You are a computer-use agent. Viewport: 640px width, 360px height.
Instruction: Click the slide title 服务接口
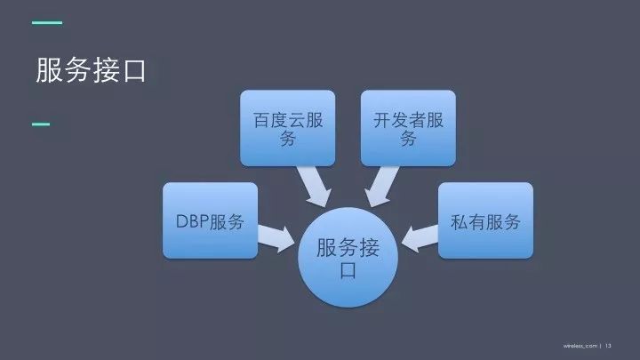[x=90, y=70]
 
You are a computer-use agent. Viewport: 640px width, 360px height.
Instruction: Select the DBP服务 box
[x=211, y=221]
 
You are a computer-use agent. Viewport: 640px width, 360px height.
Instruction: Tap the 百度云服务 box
[x=288, y=127]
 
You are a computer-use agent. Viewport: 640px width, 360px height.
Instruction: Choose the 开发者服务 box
[x=408, y=127]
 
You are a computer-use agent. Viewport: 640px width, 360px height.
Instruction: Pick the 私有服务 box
[x=485, y=221]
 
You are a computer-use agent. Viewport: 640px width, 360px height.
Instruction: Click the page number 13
[x=610, y=345]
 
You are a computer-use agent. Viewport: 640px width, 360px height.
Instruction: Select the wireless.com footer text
[x=580, y=345]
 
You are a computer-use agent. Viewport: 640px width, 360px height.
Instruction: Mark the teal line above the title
[x=47, y=21]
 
